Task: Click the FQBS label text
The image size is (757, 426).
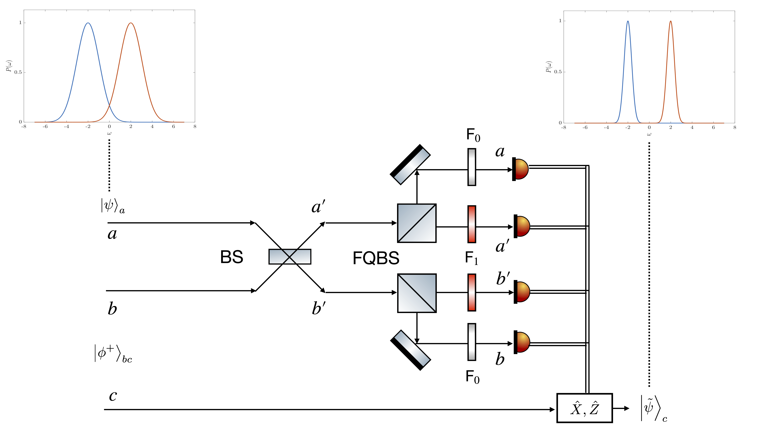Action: coord(376,258)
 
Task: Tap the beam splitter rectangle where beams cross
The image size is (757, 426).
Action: coord(290,257)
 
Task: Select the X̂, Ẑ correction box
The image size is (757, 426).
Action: coord(585,408)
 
